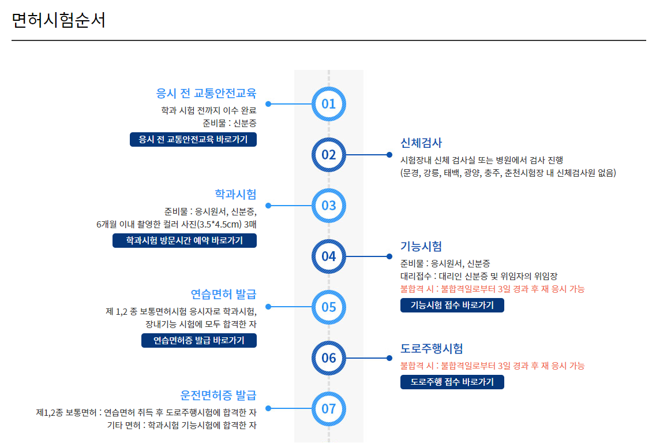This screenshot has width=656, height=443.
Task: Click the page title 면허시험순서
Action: (58, 20)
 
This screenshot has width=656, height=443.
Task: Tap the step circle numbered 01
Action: (328, 104)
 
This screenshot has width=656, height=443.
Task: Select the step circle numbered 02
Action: (328, 155)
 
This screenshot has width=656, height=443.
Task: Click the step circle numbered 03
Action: (328, 206)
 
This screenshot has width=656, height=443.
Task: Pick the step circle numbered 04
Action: (328, 256)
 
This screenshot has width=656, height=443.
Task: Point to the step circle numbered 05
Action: (328, 307)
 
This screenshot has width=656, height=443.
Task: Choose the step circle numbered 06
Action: (328, 358)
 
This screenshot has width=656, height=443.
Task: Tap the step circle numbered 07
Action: (328, 408)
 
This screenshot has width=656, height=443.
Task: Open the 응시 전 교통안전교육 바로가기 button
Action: (193, 140)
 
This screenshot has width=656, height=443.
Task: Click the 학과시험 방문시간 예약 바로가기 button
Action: (185, 241)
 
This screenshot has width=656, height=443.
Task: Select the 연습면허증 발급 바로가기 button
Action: (199, 341)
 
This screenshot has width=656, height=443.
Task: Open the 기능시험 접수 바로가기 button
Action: (452, 306)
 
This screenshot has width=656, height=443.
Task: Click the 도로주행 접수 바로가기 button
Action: (452, 382)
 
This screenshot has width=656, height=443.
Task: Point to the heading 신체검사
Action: (421, 143)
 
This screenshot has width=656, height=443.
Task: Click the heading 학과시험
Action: (235, 193)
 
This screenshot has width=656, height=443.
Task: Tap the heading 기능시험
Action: (421, 247)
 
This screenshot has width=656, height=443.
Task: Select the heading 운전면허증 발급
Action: (218, 396)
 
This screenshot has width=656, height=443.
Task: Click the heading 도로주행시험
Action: (432, 348)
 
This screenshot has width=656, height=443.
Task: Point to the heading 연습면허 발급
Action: (223, 295)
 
